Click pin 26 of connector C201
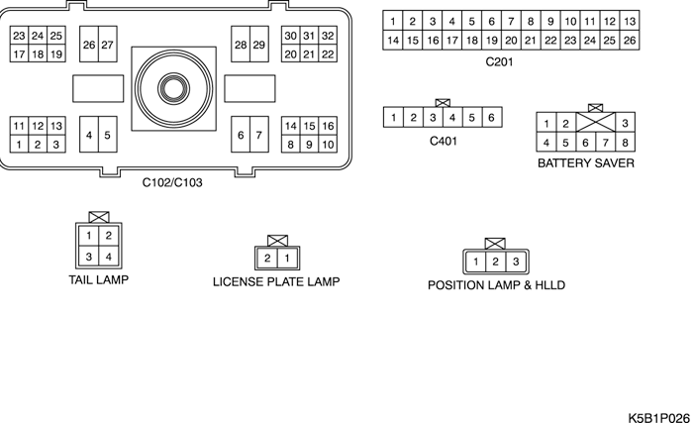point(630,41)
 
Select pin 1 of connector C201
point(393,22)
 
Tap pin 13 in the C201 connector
point(630,22)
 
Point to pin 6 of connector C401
point(491,118)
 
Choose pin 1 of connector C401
point(394,118)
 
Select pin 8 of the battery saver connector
point(625,142)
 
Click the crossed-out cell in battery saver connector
point(595,123)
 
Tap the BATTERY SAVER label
point(585,163)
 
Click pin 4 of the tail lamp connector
point(108,258)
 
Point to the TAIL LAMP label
point(98,279)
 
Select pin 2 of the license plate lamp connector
point(267,259)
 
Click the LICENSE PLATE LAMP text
point(276,282)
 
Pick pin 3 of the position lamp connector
point(515,262)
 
